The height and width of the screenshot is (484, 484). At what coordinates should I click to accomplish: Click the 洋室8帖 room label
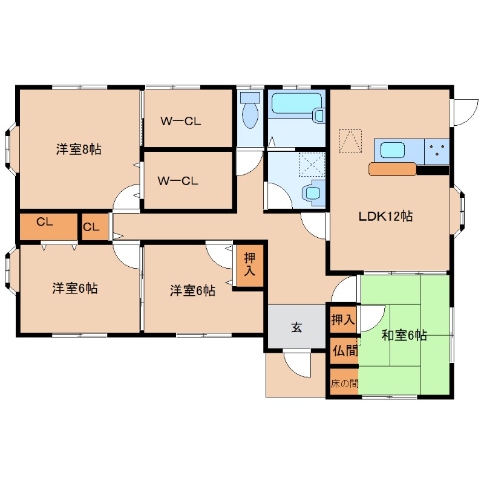click(79, 149)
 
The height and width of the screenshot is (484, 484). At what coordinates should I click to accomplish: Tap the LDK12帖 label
click(385, 216)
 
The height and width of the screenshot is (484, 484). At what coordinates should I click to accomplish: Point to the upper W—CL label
click(180, 121)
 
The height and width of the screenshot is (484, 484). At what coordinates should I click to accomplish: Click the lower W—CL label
click(178, 180)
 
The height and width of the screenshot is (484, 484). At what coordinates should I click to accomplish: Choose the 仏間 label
click(344, 350)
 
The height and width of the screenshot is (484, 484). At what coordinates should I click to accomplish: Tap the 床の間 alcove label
click(344, 383)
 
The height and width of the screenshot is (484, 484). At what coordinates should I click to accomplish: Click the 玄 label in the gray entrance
click(297, 328)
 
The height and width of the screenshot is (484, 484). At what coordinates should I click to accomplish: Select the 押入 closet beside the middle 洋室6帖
click(249, 265)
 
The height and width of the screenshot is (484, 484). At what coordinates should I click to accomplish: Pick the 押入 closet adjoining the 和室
click(343, 318)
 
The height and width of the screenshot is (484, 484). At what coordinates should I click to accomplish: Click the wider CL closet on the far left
click(45, 222)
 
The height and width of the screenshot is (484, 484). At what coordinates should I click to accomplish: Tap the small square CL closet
click(91, 227)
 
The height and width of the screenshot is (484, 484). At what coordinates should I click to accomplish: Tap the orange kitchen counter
click(392, 169)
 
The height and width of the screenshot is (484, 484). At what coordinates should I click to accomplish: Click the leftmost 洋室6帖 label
click(74, 289)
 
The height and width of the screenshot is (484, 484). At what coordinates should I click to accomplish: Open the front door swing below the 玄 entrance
click(296, 365)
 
